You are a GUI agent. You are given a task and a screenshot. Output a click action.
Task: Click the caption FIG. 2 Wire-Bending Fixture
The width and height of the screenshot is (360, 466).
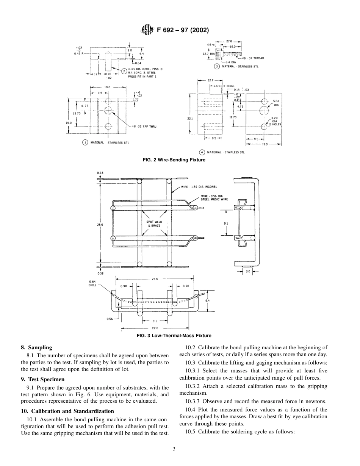(174, 160)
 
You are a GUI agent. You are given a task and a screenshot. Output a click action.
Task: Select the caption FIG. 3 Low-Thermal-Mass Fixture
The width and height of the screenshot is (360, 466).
(174, 336)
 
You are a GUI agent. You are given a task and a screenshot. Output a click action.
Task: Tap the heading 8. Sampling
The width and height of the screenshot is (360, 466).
(36, 347)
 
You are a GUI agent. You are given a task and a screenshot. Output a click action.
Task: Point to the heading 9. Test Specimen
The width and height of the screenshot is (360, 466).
(43, 379)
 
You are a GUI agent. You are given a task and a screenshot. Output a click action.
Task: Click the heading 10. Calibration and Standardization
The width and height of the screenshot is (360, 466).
(67, 411)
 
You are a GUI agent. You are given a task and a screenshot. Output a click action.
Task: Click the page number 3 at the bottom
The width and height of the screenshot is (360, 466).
(174, 449)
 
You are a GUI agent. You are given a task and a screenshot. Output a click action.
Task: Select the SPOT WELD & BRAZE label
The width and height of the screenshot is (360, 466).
(154, 224)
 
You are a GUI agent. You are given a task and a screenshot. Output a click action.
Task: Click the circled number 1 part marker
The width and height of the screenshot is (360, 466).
(85, 142)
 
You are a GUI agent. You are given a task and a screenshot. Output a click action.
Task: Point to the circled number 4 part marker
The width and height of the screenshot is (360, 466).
(202, 152)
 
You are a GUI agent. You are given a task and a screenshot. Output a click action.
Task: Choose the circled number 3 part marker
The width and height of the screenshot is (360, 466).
(217, 66)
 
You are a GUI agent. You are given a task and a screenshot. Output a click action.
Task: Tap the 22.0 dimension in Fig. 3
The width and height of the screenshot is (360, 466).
(155, 328)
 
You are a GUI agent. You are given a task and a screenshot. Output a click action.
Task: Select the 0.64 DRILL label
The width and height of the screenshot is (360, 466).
(92, 283)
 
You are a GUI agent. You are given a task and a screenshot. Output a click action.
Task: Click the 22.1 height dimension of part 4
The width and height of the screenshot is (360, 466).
(190, 119)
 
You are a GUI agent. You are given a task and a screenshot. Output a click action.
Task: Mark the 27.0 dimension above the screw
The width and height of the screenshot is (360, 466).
(229, 41)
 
